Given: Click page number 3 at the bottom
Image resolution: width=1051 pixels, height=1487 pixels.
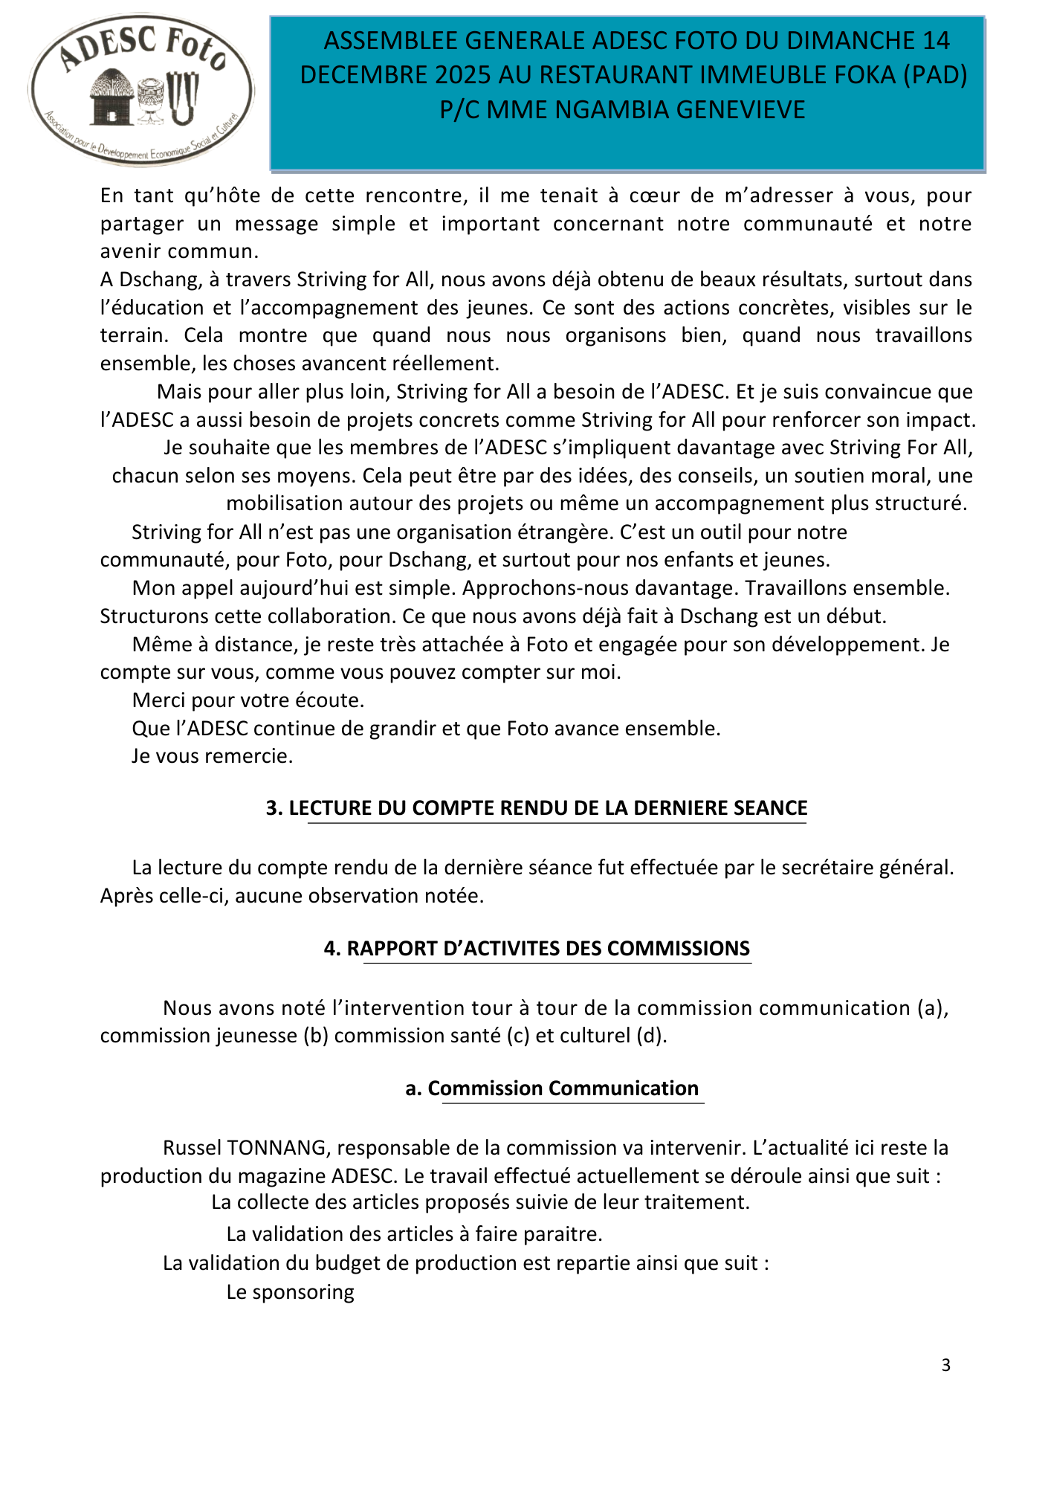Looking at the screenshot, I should pos(945,1365).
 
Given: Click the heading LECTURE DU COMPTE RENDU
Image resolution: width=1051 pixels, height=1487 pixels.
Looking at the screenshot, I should pos(536,808).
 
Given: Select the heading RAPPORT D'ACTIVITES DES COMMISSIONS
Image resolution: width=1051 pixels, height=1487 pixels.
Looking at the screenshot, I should pos(537,949).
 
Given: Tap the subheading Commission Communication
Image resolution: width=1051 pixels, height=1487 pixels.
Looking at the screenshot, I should pos(552,1088).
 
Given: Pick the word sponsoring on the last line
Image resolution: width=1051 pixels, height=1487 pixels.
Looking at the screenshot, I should pos(303,1292).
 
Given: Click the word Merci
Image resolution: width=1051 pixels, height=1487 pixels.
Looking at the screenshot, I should pos(159,700).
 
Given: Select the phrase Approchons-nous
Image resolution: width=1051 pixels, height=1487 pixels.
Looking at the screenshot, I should pos(536,588).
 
